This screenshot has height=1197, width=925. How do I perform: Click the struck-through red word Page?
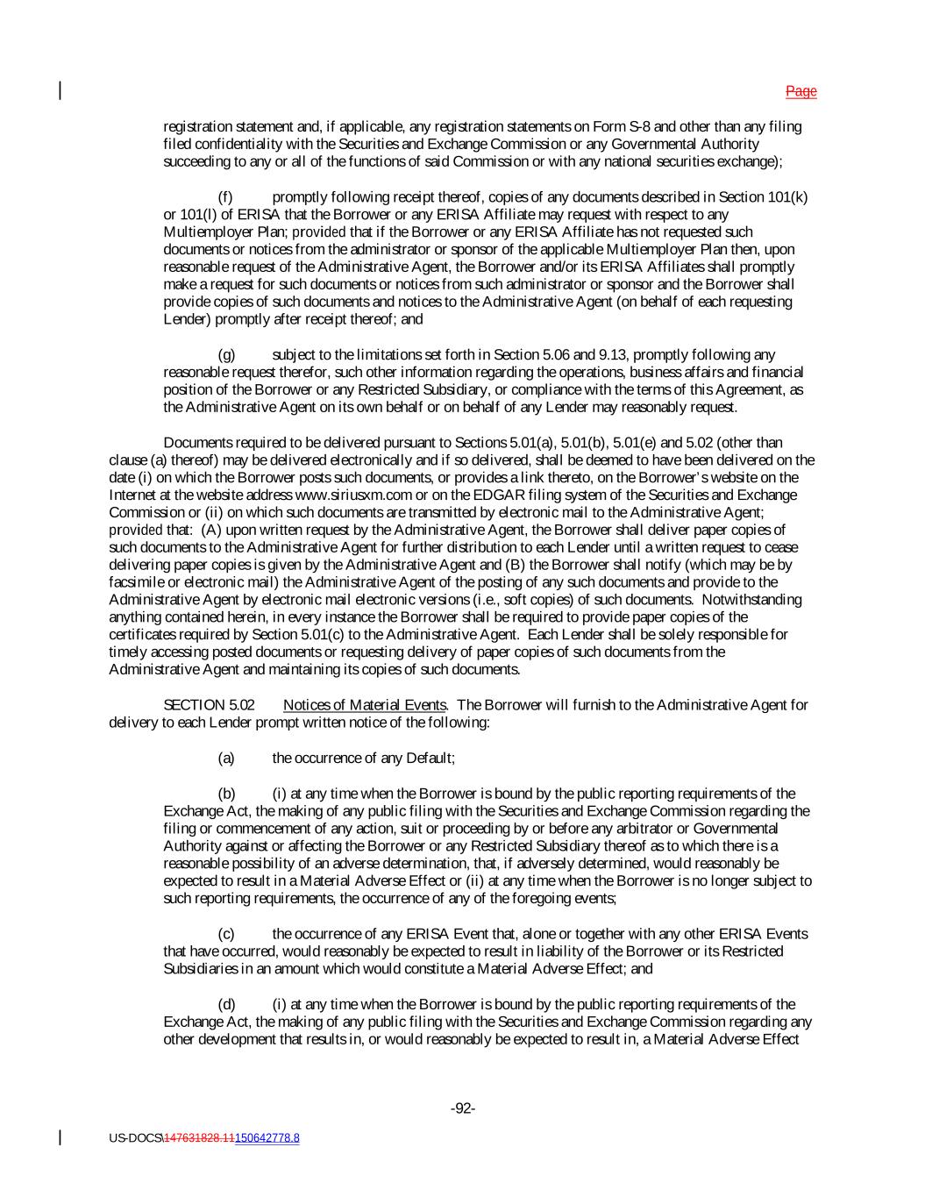800,91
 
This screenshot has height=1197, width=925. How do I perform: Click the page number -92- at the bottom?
463,1109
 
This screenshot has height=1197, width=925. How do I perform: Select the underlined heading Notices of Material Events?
365,705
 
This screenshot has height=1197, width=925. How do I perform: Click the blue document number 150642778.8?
267,1138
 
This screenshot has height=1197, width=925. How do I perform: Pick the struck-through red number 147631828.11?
199,1138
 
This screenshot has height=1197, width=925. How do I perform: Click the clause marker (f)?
225,196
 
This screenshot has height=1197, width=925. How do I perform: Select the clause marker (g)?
226,354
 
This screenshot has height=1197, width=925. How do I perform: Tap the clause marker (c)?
225,934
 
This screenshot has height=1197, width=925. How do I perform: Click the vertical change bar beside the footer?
60,1137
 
